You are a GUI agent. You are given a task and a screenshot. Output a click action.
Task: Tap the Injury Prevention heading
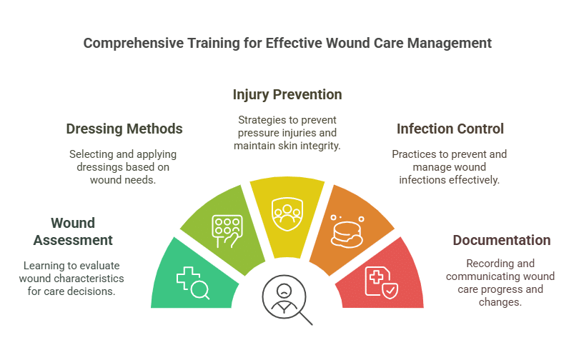click(287, 94)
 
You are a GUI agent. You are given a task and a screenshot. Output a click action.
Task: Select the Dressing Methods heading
click(124, 129)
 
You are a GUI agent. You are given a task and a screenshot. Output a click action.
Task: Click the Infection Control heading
click(450, 129)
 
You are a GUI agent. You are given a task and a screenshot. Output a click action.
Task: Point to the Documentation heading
click(502, 240)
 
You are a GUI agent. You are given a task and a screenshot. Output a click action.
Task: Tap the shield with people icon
click(287, 212)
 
